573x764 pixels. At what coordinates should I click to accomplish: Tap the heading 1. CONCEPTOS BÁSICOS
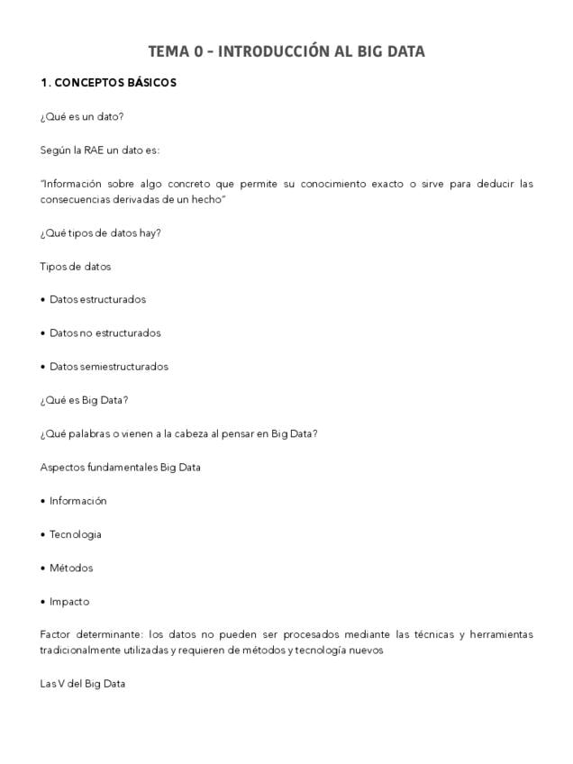(x=108, y=83)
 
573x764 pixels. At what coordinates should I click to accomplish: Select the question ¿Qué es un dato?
(x=82, y=117)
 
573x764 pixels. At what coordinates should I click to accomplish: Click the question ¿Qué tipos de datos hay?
(x=101, y=233)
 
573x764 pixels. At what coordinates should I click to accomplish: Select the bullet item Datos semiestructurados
(x=108, y=367)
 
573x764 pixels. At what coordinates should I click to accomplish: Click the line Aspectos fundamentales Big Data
(x=121, y=468)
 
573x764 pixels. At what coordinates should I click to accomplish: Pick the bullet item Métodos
(x=71, y=568)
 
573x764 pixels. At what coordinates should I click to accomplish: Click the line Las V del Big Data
(x=83, y=684)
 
